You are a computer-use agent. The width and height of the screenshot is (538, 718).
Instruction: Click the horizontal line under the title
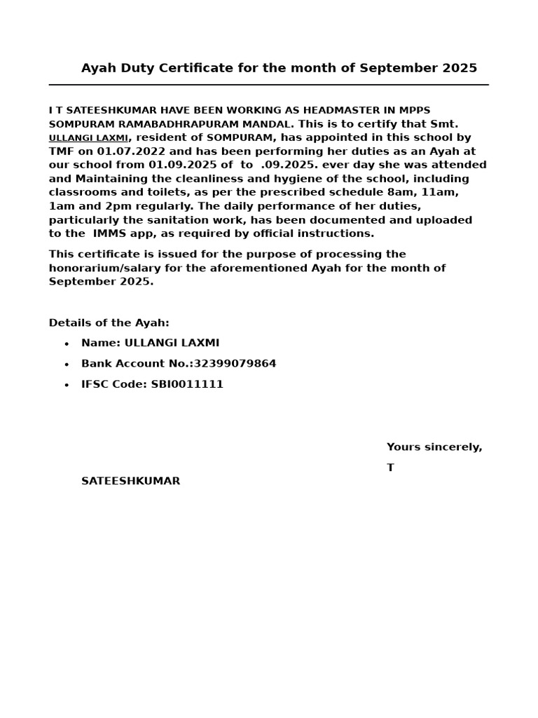click(268, 85)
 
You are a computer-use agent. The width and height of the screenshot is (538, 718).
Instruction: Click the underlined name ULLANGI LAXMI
click(88, 138)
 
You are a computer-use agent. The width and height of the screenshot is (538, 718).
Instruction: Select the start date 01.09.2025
click(181, 165)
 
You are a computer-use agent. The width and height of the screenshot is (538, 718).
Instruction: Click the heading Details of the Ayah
click(109, 323)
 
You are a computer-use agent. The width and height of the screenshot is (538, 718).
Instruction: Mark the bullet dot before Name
click(67, 344)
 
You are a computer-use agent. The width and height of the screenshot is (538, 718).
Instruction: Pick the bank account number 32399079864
click(235, 364)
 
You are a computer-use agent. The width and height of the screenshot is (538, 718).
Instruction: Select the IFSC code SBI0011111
click(187, 385)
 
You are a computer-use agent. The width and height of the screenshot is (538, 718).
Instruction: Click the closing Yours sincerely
click(434, 447)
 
